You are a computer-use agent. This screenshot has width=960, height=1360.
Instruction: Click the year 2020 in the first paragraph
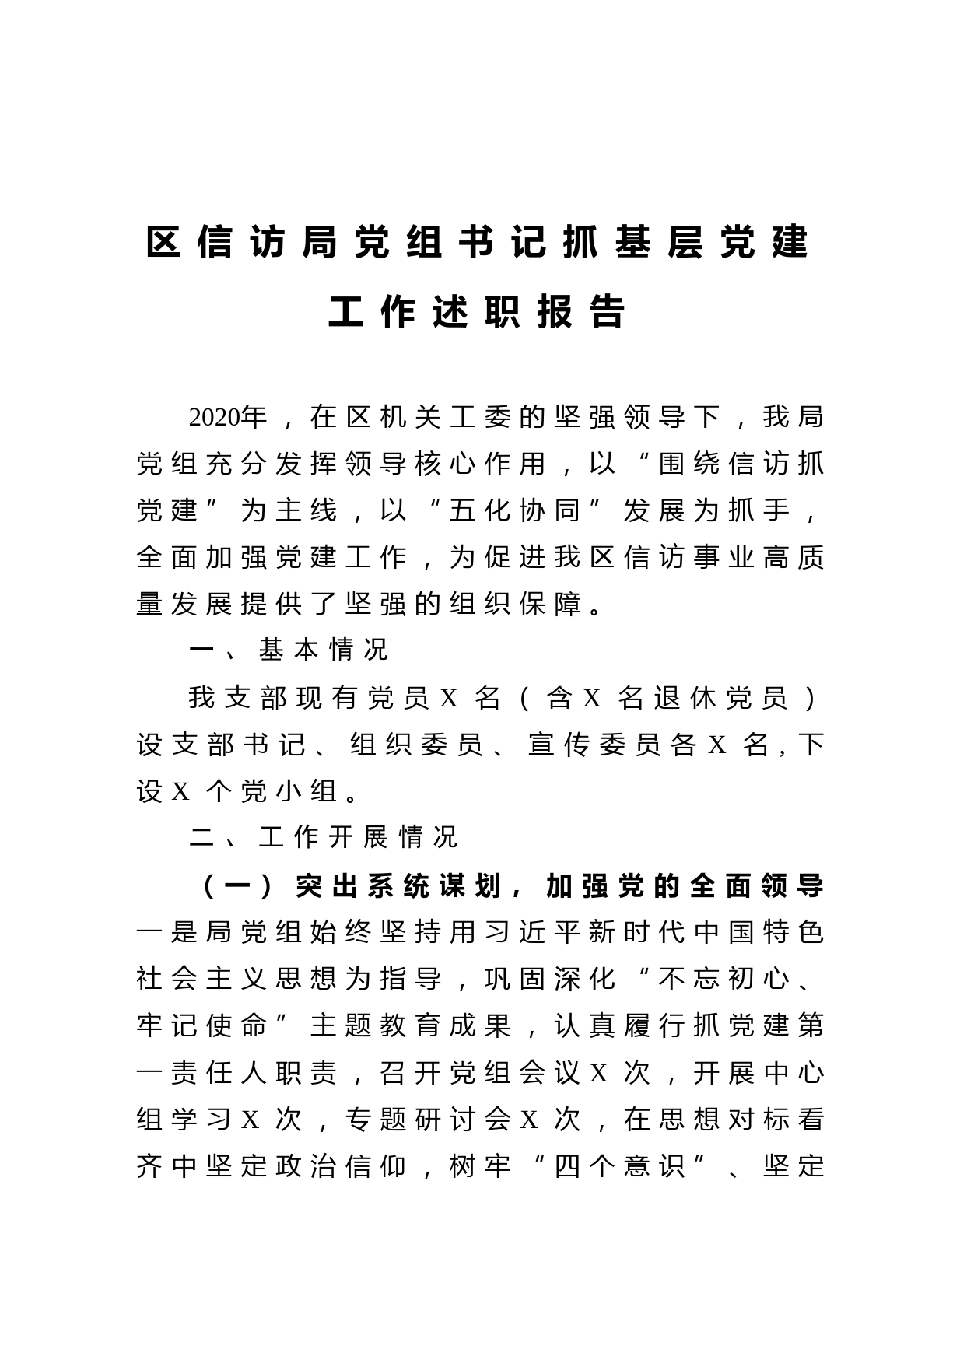tap(215, 418)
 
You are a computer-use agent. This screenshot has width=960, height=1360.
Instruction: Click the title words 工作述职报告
tap(478, 313)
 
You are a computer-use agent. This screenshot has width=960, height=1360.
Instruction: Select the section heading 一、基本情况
tap(289, 650)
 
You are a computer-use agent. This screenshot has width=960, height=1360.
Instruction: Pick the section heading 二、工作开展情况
tap(324, 837)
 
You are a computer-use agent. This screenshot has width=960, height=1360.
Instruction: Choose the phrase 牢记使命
tap(201, 1025)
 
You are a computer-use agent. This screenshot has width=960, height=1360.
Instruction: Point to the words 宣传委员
tap(595, 745)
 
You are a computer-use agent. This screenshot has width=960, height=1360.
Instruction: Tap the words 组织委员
tap(418, 745)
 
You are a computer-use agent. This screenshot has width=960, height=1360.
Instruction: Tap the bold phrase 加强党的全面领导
tap(685, 885)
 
